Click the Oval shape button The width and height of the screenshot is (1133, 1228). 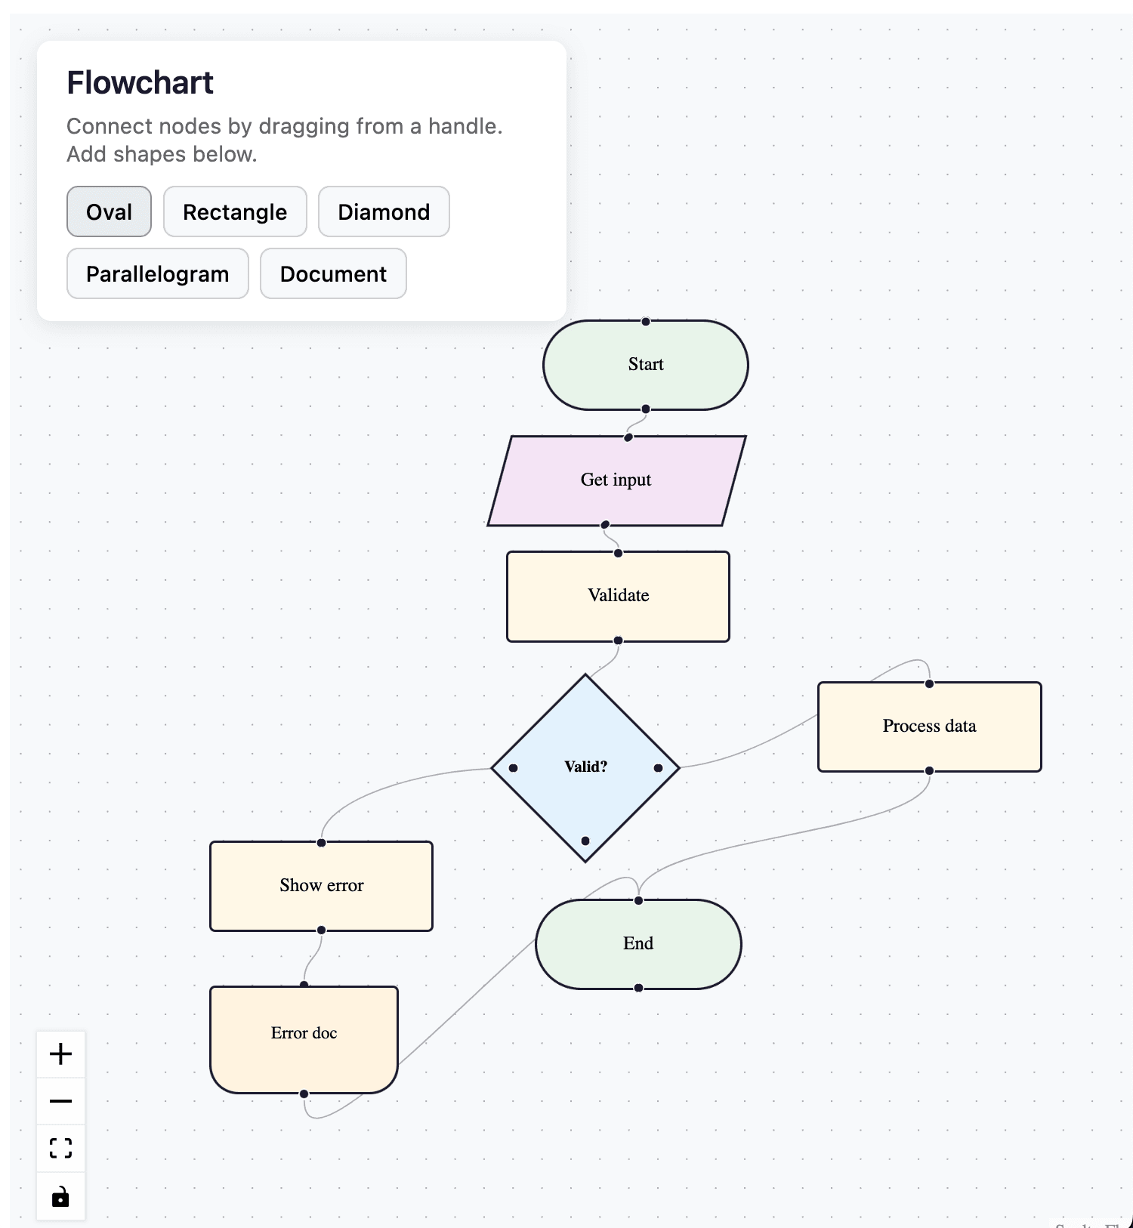pyautogui.click(x=109, y=211)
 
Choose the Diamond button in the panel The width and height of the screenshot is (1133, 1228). pyautogui.click(x=384, y=211)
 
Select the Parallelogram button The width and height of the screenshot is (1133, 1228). pyautogui.click(x=157, y=273)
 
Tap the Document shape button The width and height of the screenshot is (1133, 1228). pyautogui.click(x=333, y=273)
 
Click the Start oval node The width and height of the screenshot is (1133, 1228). pyautogui.click(x=645, y=365)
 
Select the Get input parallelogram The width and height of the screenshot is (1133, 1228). pyautogui.click(x=616, y=480)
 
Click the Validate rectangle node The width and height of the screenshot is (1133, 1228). pyautogui.click(x=618, y=596)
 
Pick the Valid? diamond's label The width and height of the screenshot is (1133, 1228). pyautogui.click(x=585, y=767)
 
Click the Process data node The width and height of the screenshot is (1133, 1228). pyautogui.click(x=929, y=727)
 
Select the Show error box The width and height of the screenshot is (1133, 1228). pyautogui.click(x=321, y=885)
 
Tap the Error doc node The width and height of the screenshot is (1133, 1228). pyautogui.click(x=304, y=1033)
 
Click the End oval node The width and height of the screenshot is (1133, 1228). pyautogui.click(x=638, y=943)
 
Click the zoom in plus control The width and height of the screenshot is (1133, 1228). pyautogui.click(x=60, y=1054)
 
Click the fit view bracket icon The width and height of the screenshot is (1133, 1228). pyautogui.click(x=60, y=1148)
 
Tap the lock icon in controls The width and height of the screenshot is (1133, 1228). pyautogui.click(x=60, y=1196)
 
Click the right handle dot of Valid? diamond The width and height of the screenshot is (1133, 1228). pyautogui.click(x=658, y=767)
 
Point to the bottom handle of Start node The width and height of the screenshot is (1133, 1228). pyautogui.click(x=646, y=409)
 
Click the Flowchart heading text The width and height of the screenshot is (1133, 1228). pyautogui.click(x=140, y=82)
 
